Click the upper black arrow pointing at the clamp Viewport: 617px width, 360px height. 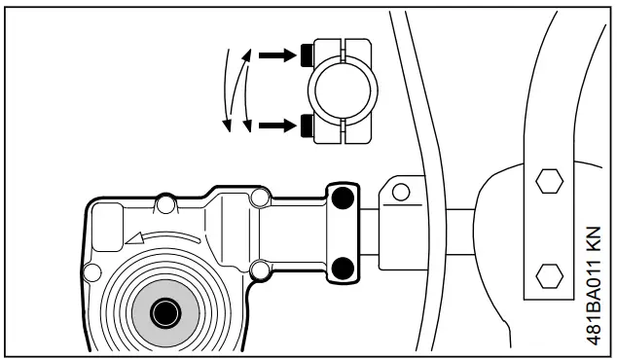point(277,54)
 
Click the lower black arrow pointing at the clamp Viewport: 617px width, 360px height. point(277,125)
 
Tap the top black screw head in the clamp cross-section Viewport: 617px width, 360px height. point(307,52)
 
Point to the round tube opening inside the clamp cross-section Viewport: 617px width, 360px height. point(340,89)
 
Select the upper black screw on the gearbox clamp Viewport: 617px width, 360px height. point(343,200)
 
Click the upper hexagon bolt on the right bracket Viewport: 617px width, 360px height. point(548,181)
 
